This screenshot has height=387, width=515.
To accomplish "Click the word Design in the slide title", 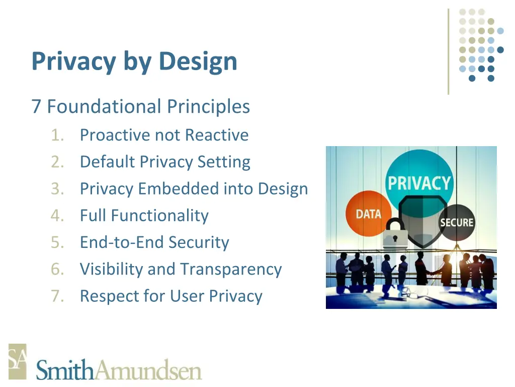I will tap(198, 61).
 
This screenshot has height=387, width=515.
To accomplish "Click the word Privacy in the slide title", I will tap(73, 61).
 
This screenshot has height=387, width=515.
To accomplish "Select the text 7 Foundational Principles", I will tap(140, 107).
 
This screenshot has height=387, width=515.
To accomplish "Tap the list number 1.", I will tap(57, 135).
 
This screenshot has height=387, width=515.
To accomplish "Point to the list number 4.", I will tap(57, 216).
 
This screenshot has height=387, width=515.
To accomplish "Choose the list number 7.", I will tap(57, 296).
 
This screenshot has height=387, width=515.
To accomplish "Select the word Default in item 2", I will tap(108, 162).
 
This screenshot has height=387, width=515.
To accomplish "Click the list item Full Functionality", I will tap(144, 216).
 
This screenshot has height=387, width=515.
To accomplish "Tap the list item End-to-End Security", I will tap(154, 242).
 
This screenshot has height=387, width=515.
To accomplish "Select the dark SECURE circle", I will tap(456, 222).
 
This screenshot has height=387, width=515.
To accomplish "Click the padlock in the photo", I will tap(395, 233).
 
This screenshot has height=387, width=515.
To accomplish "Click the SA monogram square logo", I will tap(17, 361).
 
